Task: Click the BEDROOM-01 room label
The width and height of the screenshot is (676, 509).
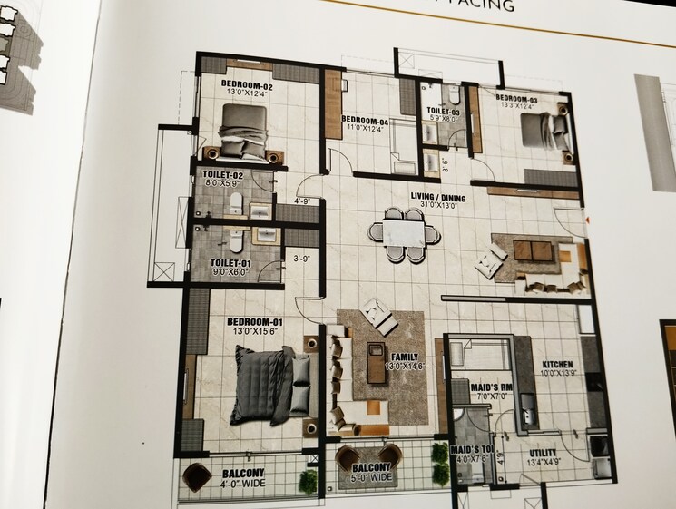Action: pyautogui.click(x=250, y=322)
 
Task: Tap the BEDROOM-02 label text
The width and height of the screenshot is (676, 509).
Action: pyautogui.click(x=247, y=85)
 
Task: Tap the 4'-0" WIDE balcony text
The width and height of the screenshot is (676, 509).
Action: pyautogui.click(x=242, y=483)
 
